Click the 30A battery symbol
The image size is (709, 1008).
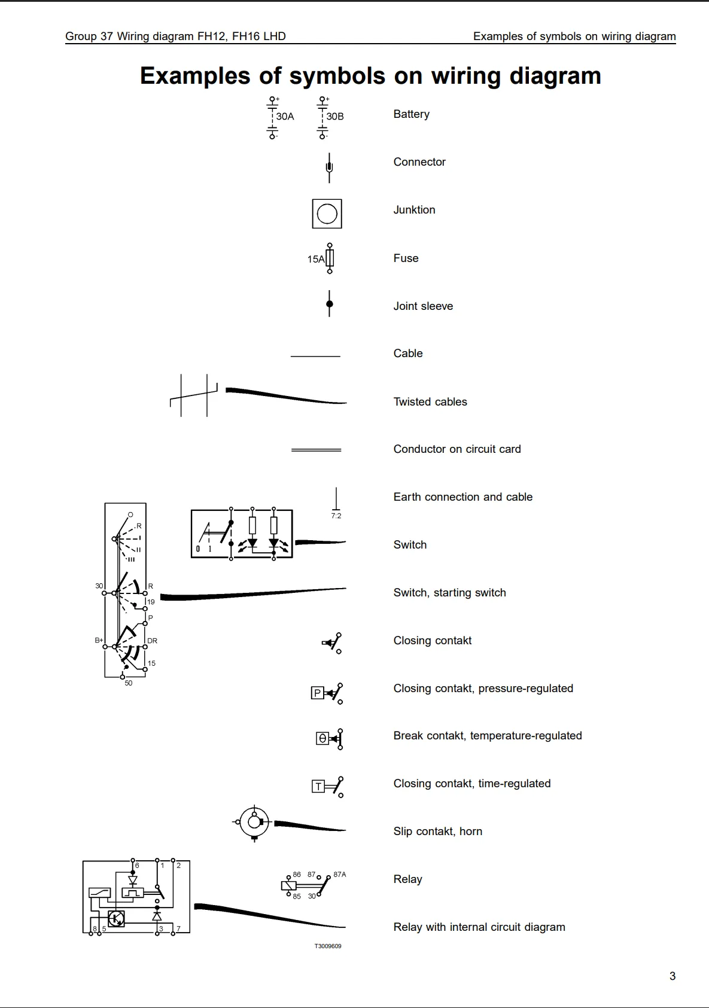pos(273,117)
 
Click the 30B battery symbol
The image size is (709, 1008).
pos(323,117)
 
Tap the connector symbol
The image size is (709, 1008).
pos(329,167)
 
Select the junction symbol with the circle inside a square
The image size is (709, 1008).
pos(327,214)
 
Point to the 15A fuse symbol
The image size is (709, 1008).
pos(329,258)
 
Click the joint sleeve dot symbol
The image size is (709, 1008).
pos(329,304)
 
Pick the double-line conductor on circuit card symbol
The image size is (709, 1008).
pos(316,450)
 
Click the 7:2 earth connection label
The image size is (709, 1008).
pos(336,516)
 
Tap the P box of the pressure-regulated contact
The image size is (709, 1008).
pos(317,693)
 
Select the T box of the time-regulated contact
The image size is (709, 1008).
pos(318,787)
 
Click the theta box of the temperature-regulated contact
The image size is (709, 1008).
pos(322,739)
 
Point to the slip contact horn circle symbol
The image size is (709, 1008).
pos(254,823)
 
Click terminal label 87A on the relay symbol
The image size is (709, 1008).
pos(340,874)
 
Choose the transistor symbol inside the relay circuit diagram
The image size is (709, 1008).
pos(116,918)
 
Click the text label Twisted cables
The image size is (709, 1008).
pos(430,402)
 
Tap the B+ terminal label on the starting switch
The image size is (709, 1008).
pos(99,640)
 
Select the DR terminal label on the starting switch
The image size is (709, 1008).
pos(152,641)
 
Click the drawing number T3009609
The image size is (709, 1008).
pos(328,946)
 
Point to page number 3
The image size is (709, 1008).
pos(672,976)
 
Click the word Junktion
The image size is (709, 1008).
pos(414,210)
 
